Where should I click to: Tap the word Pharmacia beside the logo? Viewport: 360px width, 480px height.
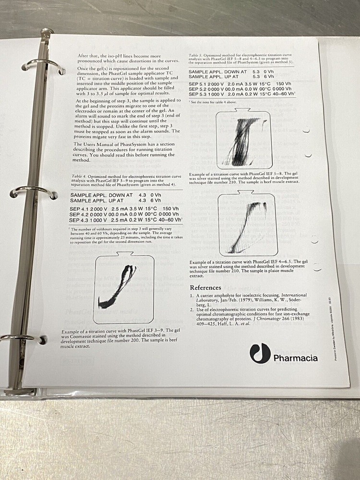point(295,358)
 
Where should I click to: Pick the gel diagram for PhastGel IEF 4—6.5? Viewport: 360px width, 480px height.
point(247,224)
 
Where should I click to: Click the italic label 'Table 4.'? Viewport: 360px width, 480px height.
point(78,177)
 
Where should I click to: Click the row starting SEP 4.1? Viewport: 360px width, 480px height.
point(126,209)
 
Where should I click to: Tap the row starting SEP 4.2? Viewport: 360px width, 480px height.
point(126,215)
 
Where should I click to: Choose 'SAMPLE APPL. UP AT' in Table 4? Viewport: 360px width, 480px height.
point(97,200)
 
